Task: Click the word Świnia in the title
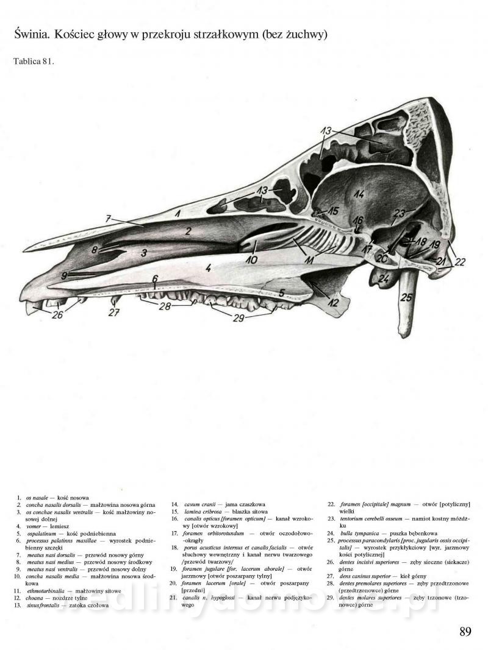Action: pos(30,35)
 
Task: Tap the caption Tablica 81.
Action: pos(34,62)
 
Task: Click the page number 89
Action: pos(465,632)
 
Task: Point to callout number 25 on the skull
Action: pos(406,298)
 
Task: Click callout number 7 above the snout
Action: pos(107,218)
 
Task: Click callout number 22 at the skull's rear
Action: pos(459,262)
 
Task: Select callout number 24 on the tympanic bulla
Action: pos(384,280)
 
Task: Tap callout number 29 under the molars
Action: pos(237,318)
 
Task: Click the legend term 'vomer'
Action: pos(32,525)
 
